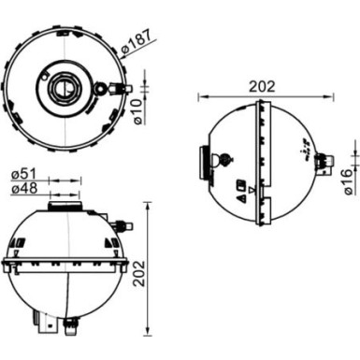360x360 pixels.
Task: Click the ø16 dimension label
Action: click(348, 180)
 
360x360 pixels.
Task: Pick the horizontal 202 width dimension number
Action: click(263, 85)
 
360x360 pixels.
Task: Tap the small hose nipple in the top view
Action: click(116, 89)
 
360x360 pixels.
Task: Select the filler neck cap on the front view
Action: click(65, 205)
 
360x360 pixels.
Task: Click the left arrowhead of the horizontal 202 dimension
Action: click(201, 94)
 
